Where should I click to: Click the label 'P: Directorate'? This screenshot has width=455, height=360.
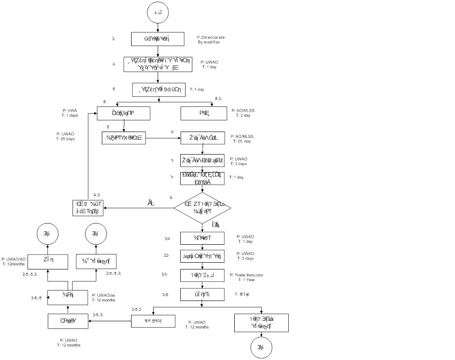tap(211, 37)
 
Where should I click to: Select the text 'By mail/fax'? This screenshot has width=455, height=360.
tap(209, 42)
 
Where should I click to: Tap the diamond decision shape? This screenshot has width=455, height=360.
tap(202, 207)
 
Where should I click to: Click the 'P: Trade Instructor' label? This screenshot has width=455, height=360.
tap(246, 275)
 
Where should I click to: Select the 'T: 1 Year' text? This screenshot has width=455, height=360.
tap(246, 280)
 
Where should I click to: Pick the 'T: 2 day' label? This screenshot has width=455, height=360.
tap(243, 115)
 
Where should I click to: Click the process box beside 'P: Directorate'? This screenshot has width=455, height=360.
tap(157, 39)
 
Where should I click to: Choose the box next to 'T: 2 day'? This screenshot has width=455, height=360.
tap(203, 113)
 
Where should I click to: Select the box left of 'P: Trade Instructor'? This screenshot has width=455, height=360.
tap(202, 275)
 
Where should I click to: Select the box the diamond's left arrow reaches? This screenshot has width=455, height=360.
tap(88, 208)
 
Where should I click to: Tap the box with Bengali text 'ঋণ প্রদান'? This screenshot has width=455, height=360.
tap(153, 321)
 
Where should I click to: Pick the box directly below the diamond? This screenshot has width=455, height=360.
tap(202, 238)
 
